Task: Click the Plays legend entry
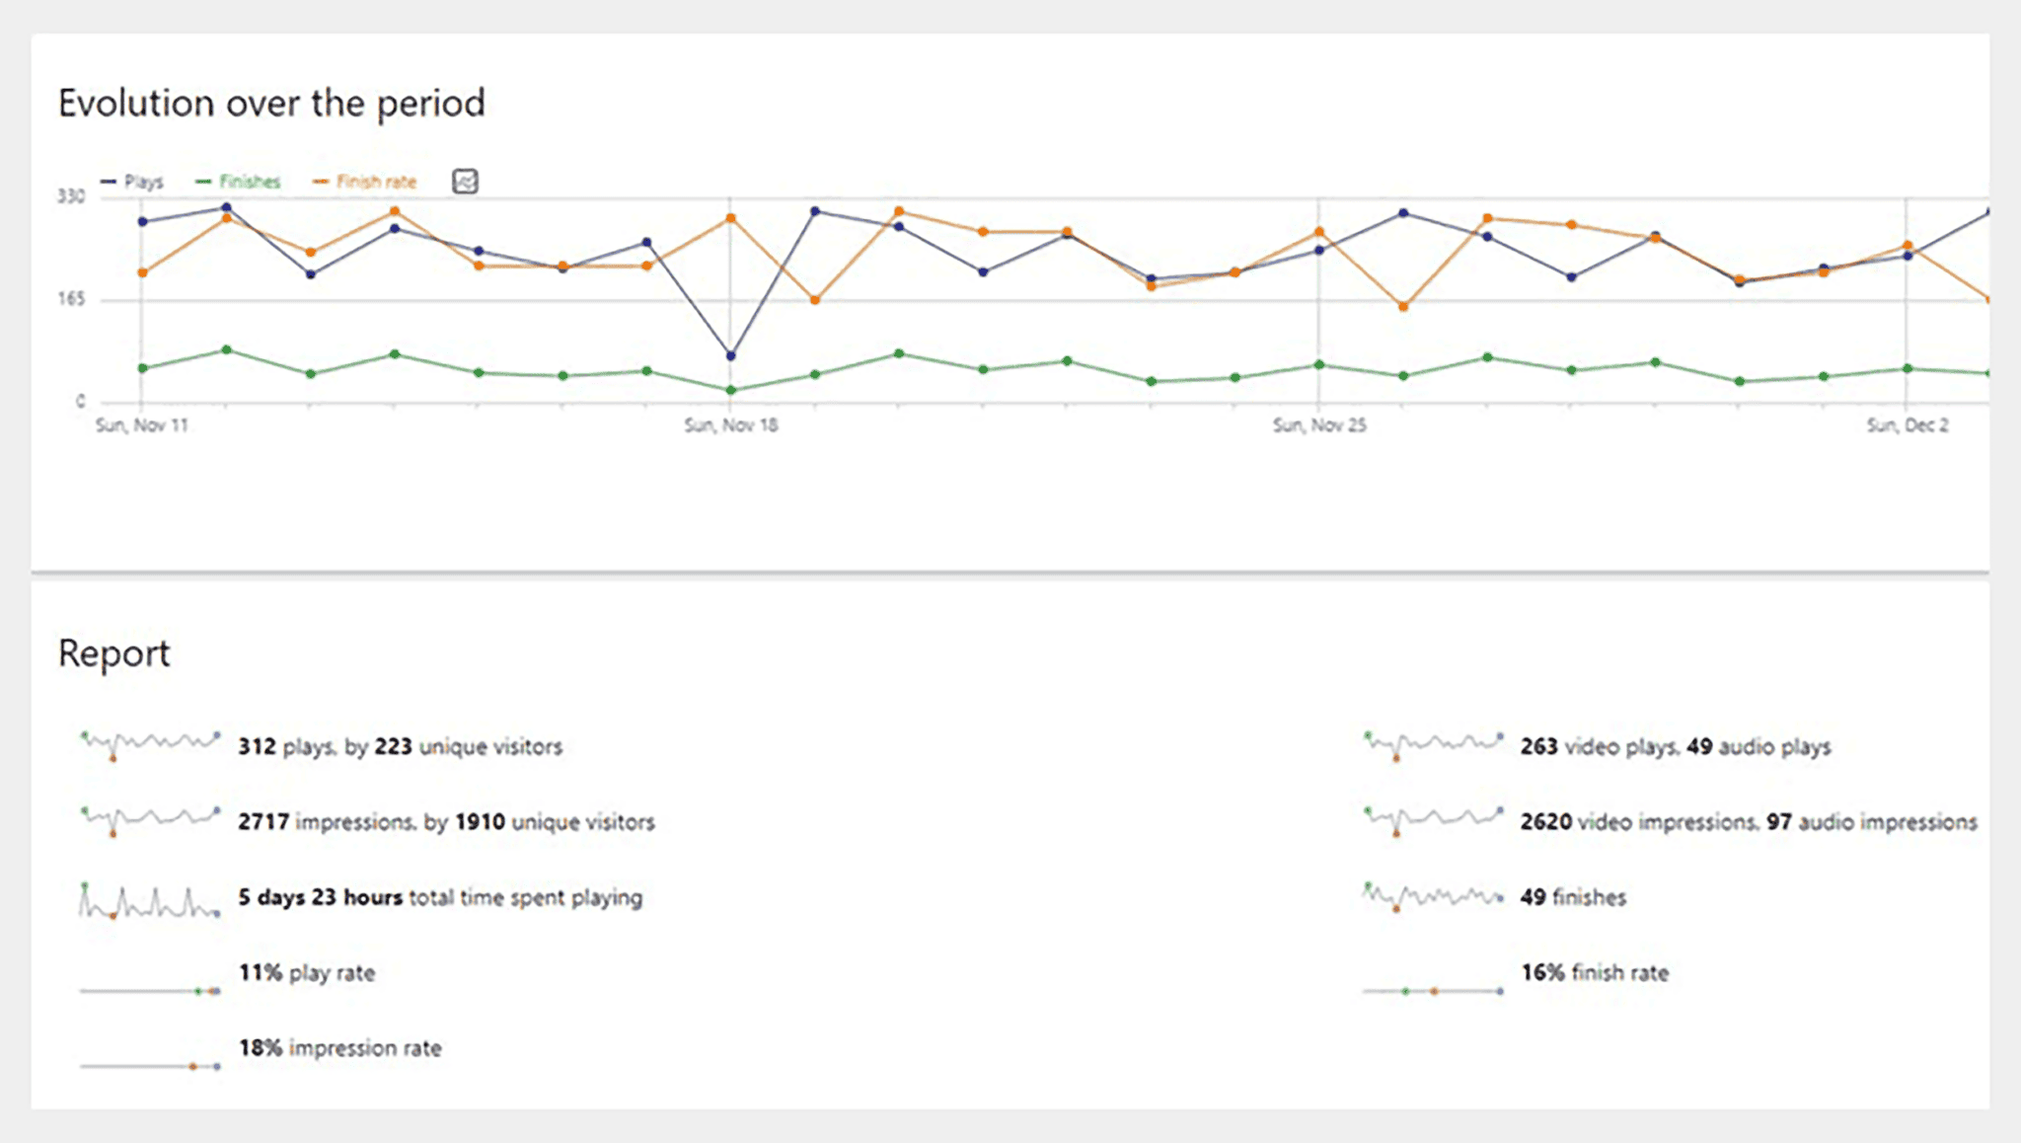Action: click(132, 182)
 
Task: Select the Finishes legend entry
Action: click(239, 182)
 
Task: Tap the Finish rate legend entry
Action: click(365, 182)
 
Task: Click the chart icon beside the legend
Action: click(465, 182)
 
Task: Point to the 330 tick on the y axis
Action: click(71, 196)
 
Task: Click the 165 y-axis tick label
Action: click(71, 299)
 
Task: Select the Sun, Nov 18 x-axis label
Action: click(730, 425)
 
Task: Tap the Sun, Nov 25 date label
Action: click(1319, 425)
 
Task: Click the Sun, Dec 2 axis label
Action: click(1907, 425)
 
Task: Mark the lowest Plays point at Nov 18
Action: click(730, 355)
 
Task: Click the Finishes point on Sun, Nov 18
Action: click(730, 390)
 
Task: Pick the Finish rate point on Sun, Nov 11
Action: click(142, 272)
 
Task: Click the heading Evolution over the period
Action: click(271, 104)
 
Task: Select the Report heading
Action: click(113, 653)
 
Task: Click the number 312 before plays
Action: click(257, 746)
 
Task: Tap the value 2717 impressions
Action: click(262, 821)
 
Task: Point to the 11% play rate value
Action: click(261, 972)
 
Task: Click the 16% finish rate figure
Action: click(1542, 972)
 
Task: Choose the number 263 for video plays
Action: click(1538, 746)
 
